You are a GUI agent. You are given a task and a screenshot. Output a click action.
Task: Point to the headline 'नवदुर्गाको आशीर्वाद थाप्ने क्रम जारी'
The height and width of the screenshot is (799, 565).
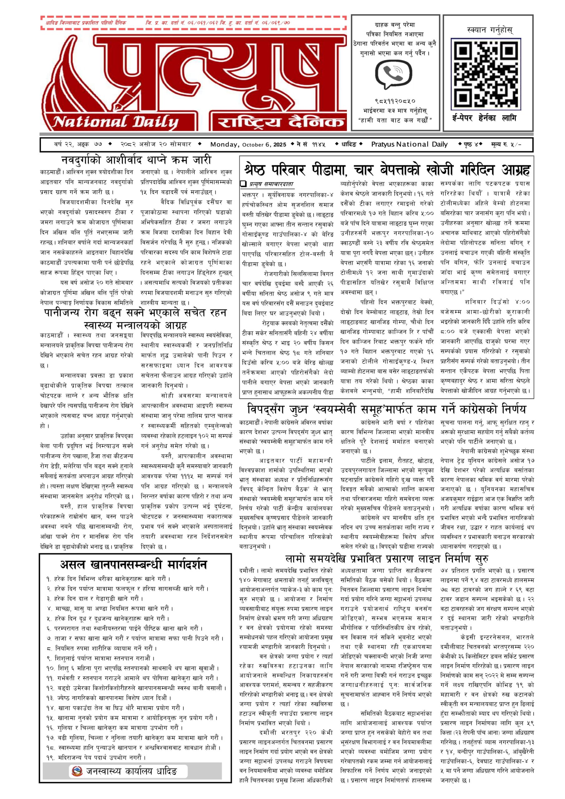136,160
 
